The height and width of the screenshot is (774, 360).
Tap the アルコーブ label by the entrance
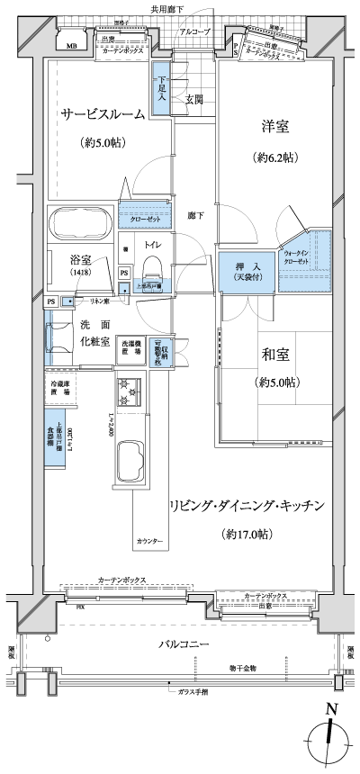pos(195,32)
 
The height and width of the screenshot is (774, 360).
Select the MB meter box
pos(68,42)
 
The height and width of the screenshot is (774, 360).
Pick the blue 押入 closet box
pos(241,273)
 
